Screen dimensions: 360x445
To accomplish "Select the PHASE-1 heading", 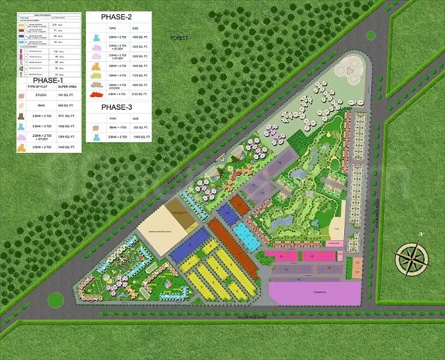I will point(47,80).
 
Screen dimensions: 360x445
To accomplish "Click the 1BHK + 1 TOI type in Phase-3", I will point(117,128).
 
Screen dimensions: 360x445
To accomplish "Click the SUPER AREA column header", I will point(67,88).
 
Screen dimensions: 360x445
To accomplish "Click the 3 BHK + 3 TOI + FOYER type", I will point(117,86).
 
